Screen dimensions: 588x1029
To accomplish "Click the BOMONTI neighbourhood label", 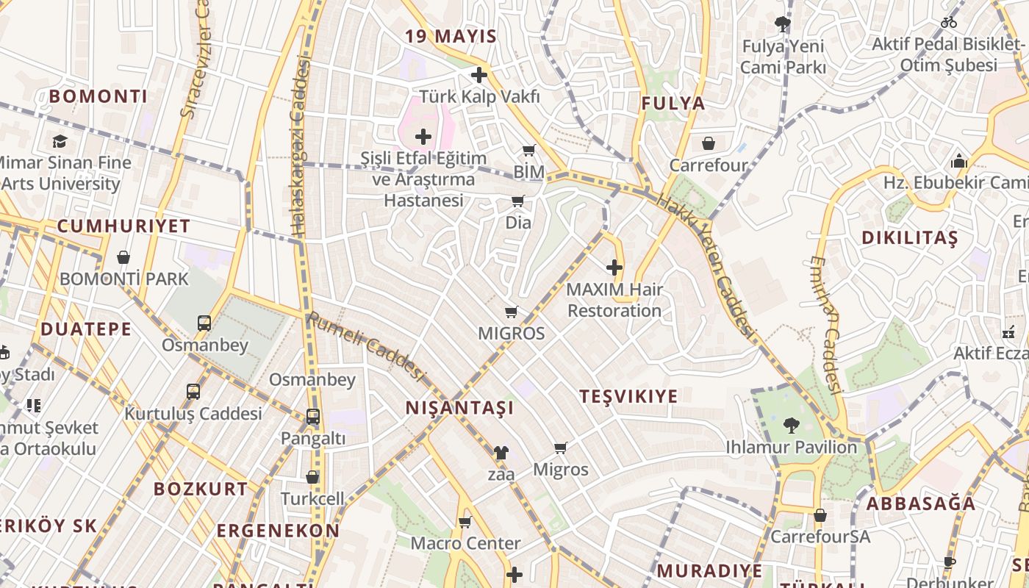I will (98, 96).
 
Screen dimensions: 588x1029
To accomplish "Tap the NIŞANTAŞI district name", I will (459, 408).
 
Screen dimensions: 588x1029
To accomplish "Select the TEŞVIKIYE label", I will (628, 397).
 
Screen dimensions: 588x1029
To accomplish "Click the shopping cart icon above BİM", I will (528, 151).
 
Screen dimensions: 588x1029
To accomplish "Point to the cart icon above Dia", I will (518, 201).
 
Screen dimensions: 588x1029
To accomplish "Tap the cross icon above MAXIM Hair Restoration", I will (614, 268).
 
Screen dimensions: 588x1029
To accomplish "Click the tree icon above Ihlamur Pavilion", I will (791, 425).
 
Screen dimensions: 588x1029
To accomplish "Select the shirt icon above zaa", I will (501, 452).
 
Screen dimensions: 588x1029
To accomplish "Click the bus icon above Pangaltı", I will (313, 417).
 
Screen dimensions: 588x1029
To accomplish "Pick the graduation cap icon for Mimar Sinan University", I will (60, 141).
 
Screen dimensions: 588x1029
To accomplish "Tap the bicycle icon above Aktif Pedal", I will (949, 22).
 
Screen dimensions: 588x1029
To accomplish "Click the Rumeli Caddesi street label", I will (366, 347).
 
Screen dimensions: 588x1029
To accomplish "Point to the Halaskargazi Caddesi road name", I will (300, 147).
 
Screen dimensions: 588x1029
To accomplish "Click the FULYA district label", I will (673, 104).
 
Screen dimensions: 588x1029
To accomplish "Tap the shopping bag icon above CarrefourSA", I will (820, 515).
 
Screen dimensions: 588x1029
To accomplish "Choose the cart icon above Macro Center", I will (465, 523).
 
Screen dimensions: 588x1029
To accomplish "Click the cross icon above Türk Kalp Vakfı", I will (479, 75).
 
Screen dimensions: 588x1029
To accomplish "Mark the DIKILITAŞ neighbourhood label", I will (910, 238).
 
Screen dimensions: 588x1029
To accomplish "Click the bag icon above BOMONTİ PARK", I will (123, 257).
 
